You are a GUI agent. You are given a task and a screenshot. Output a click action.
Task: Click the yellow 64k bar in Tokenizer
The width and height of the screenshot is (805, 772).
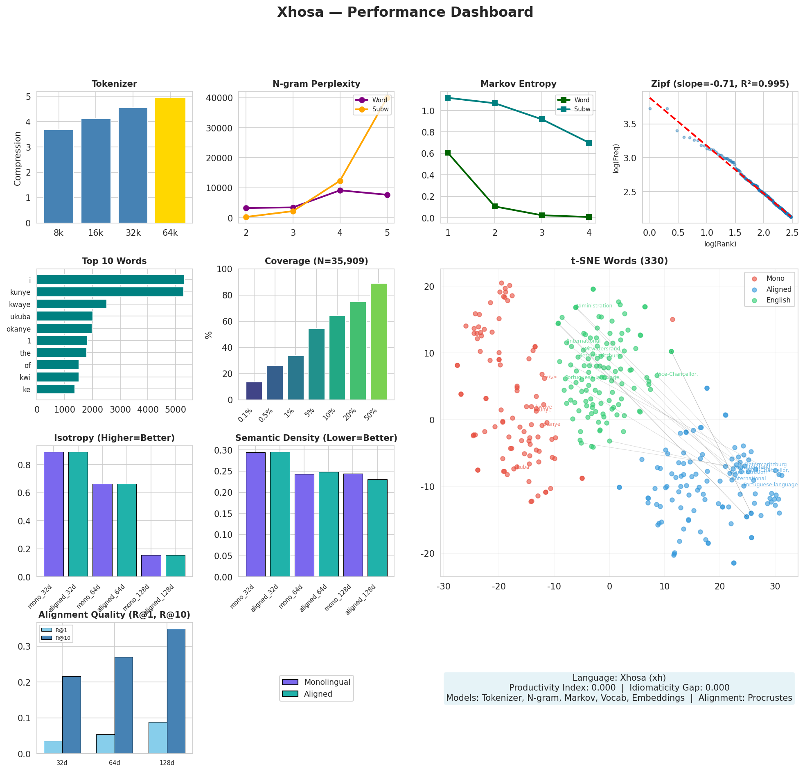click(x=170, y=160)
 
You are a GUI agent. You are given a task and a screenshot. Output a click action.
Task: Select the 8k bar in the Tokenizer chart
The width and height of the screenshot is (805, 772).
click(x=59, y=177)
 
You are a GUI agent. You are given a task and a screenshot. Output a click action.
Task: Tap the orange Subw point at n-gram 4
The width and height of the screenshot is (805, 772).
click(x=340, y=181)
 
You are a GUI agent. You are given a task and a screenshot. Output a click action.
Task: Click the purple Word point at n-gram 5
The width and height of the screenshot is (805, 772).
click(x=387, y=195)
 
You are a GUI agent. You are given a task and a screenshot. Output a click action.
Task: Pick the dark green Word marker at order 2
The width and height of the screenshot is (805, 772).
click(x=494, y=206)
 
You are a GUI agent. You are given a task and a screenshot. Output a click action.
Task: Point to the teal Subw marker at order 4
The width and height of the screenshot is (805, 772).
click(x=589, y=143)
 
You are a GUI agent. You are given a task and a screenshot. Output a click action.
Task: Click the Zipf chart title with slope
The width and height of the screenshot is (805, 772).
click(x=719, y=84)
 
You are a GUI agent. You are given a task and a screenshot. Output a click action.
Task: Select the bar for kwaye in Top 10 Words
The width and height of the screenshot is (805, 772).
click(x=72, y=304)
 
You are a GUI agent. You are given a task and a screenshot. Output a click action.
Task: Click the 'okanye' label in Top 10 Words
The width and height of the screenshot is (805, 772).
click(x=18, y=329)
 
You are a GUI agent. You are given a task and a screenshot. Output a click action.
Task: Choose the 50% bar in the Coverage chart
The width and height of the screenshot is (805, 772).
click(x=378, y=341)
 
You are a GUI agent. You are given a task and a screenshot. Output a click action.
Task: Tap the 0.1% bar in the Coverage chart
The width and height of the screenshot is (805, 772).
click(x=254, y=391)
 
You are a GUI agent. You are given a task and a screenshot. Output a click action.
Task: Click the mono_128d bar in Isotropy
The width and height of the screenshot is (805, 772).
click(x=151, y=566)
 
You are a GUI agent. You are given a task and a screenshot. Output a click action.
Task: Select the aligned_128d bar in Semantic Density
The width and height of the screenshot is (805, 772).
click(x=377, y=528)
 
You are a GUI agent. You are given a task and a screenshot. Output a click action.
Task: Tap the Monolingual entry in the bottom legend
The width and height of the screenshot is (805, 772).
click(x=327, y=682)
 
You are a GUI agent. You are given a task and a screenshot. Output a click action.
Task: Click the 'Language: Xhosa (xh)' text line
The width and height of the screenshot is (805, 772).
click(x=619, y=677)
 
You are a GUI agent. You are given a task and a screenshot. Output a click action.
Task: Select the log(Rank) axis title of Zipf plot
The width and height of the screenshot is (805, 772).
click(x=719, y=244)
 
